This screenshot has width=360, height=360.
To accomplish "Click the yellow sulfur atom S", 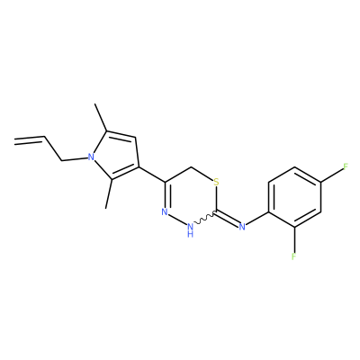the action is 217,182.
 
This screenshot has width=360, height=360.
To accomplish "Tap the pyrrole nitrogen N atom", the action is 91,157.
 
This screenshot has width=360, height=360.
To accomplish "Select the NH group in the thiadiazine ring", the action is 190,229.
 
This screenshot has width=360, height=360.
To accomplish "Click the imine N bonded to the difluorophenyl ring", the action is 242,227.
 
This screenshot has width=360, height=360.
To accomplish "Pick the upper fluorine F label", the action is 346,166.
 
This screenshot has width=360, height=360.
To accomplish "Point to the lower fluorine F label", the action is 293,256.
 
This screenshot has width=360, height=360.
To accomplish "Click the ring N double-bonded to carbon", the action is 165,212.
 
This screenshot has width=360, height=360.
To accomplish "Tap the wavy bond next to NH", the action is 204,220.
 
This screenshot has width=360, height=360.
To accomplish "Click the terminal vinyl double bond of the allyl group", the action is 30,139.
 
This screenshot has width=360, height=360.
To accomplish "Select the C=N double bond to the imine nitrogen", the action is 228,218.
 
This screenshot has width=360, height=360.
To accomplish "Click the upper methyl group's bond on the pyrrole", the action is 101,117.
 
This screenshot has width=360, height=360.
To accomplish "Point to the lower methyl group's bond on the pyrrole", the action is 109,193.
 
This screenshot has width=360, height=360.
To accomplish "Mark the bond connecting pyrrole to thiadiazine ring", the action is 152,175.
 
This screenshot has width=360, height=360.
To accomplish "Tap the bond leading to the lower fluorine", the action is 294,239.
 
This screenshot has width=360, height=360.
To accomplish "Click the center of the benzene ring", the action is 294,197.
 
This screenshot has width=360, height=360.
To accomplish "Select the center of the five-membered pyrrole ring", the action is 115,156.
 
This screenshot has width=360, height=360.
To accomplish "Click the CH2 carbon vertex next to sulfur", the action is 191,166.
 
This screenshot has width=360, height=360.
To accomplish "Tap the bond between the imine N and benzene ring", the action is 256,219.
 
